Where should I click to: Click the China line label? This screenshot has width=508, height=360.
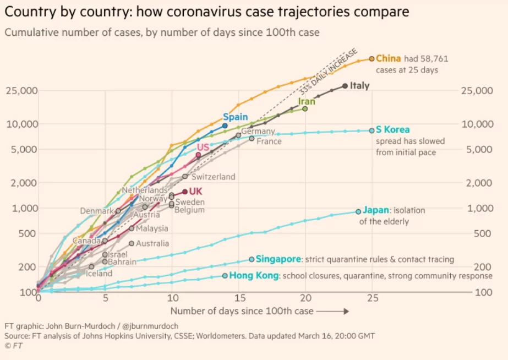pos(389,58)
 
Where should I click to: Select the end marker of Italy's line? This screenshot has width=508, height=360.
pos(345,86)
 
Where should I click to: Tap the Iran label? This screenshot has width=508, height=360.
pos(307,101)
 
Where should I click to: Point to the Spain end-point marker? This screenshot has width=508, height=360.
pos(225,126)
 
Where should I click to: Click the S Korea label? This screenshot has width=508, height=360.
pos(393,130)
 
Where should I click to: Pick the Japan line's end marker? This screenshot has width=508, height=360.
pos(358,211)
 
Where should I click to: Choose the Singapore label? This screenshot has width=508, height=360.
pos(279,259)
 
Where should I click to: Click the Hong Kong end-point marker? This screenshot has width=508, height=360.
pos(225,276)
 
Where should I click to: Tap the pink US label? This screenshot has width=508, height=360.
pos(203,147)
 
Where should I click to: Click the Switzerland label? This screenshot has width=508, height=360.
pos(214,177)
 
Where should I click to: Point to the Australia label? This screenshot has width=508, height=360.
pos(152,243)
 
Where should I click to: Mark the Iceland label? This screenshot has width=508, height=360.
pos(99,273)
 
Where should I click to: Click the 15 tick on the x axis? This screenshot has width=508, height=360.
pos(239,299)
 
